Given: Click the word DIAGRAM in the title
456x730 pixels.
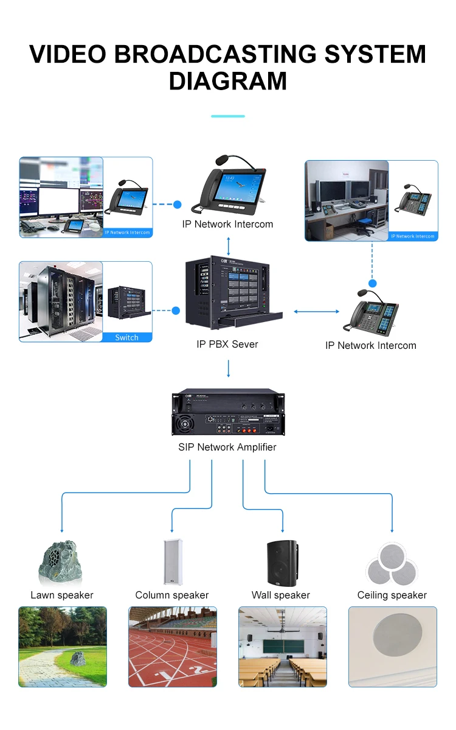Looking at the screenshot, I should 227,81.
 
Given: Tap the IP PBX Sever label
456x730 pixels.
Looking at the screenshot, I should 227,344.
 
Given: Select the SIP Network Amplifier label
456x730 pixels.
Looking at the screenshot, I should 227,447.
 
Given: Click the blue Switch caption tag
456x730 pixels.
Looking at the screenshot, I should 126,337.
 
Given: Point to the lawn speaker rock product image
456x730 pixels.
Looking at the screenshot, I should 61,561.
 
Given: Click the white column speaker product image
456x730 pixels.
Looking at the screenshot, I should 171,562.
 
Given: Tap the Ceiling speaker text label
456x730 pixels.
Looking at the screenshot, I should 392,595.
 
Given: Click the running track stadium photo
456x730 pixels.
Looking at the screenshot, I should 173,647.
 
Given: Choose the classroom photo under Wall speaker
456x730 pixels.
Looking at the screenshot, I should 282,647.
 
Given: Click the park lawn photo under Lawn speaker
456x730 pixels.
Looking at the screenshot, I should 63,647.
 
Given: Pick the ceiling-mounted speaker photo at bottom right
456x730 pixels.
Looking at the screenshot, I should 392,647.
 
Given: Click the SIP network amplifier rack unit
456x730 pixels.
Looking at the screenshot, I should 228,413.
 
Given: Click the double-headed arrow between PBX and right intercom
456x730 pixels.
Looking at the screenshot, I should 316,312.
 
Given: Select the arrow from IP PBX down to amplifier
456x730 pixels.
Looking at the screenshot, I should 229,369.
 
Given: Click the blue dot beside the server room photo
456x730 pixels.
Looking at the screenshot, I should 176,311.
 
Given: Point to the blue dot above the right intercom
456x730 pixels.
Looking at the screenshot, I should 373,284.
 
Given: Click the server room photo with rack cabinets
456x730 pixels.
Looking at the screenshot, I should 61,301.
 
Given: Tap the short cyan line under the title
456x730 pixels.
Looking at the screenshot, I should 227,116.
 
